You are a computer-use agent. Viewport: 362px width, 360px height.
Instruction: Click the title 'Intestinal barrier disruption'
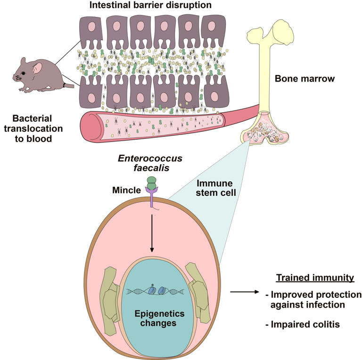pyautogui.click(x=151, y=6)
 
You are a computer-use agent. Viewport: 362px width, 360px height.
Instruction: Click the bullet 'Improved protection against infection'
pyautogui.click(x=313, y=300)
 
